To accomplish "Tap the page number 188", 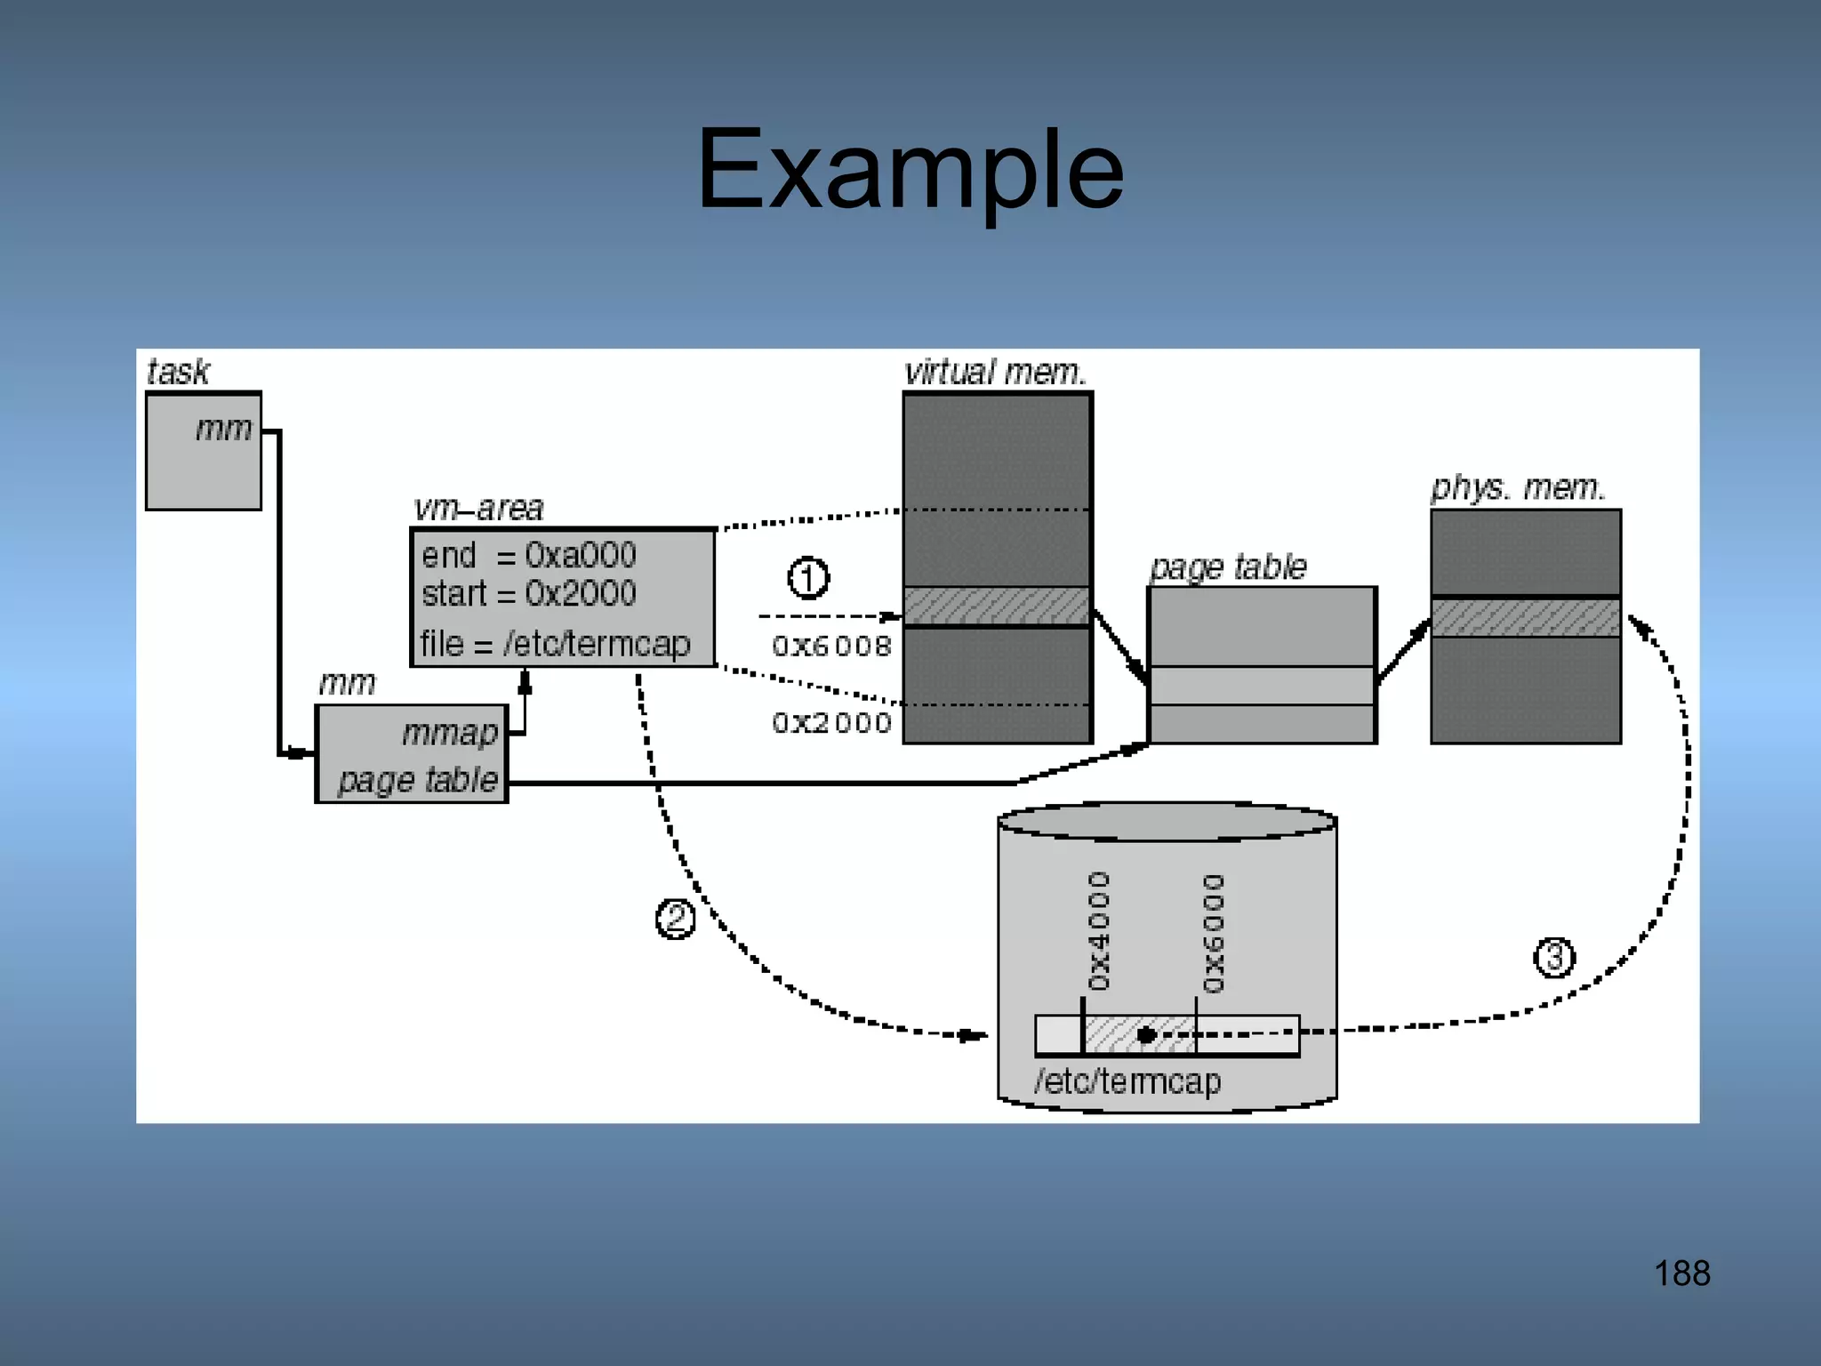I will click(1681, 1274).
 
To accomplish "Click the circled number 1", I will click(808, 578).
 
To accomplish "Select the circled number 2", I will click(675, 919).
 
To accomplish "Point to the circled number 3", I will click(1554, 958).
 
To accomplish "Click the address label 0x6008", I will click(831, 646).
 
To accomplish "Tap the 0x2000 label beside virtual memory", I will click(831, 722).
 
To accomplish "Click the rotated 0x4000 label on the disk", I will click(1100, 930).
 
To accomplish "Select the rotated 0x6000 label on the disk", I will click(1214, 932).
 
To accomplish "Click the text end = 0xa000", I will click(529, 555).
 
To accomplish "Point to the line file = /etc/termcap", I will click(555, 643).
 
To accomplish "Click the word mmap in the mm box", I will click(449, 733).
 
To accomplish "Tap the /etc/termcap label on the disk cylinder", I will click(1127, 1081).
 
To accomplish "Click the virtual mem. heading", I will click(995, 372).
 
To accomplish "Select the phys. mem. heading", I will click(1518, 487).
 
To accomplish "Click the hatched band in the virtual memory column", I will click(997, 606).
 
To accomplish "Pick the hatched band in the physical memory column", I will click(1526, 617).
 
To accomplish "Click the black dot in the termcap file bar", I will click(1146, 1034).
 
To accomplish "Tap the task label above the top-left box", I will click(178, 372).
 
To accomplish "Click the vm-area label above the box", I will click(478, 508).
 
